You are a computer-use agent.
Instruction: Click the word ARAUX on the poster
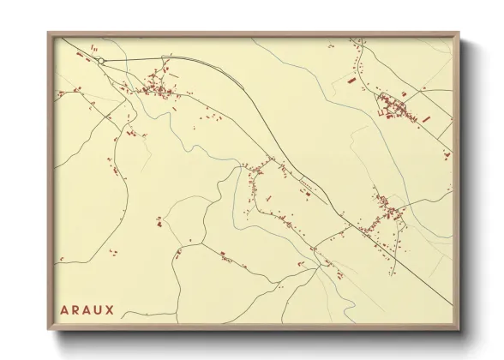pos(87,308)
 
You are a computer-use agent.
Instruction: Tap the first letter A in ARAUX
pos(63,308)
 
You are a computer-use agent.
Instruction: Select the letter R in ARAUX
pos(75,308)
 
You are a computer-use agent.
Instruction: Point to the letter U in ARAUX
pos(99,308)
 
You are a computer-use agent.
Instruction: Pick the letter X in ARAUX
pos(111,308)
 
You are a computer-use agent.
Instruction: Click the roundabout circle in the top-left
pos(100,61)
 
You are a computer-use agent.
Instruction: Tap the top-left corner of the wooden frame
pos(49,33)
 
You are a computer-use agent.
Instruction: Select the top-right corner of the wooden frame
pos(459,33)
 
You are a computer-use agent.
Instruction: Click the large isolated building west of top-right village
pos(351,80)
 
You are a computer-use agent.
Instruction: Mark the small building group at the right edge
pos(445,153)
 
